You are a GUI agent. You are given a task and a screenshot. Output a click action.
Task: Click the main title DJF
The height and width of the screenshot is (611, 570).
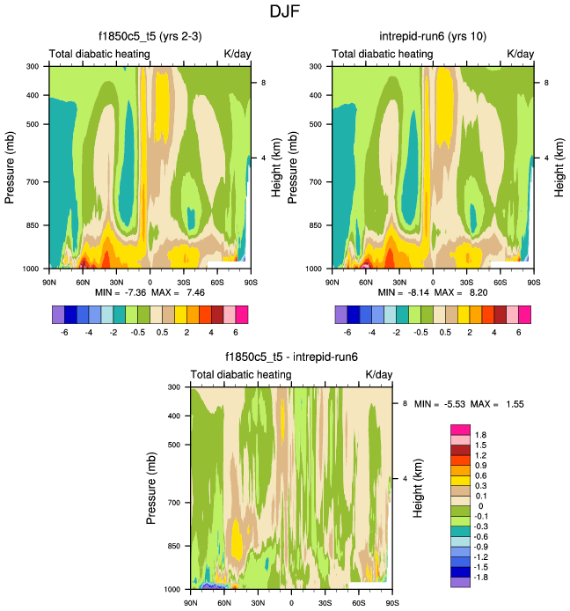(285, 12)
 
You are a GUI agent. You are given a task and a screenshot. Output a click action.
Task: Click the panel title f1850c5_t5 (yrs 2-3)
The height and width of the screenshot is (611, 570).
(150, 37)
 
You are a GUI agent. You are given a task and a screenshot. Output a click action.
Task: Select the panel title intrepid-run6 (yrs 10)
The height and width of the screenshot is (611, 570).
(434, 37)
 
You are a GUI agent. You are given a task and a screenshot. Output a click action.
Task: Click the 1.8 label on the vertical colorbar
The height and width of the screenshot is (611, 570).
(481, 435)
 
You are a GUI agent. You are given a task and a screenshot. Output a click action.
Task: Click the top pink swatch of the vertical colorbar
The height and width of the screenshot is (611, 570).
(460, 428)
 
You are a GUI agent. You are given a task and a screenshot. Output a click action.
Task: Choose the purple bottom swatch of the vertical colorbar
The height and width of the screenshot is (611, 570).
(460, 582)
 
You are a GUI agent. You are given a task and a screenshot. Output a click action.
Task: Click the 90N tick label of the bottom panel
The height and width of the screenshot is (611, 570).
(191, 603)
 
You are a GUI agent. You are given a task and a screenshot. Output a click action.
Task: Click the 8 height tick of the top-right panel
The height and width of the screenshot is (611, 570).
(547, 83)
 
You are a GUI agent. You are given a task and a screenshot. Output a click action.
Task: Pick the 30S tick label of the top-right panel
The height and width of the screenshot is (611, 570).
(469, 283)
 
